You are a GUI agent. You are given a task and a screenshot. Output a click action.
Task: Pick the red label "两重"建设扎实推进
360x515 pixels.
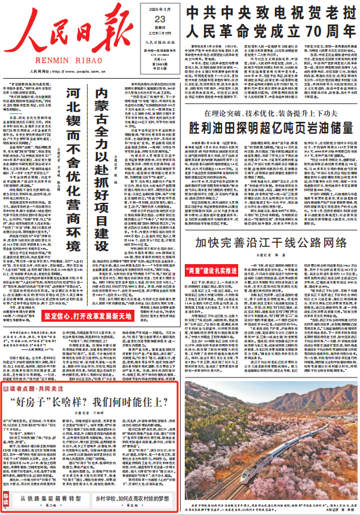(220, 270)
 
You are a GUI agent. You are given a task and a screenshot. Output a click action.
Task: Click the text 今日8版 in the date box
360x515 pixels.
(160, 53)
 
